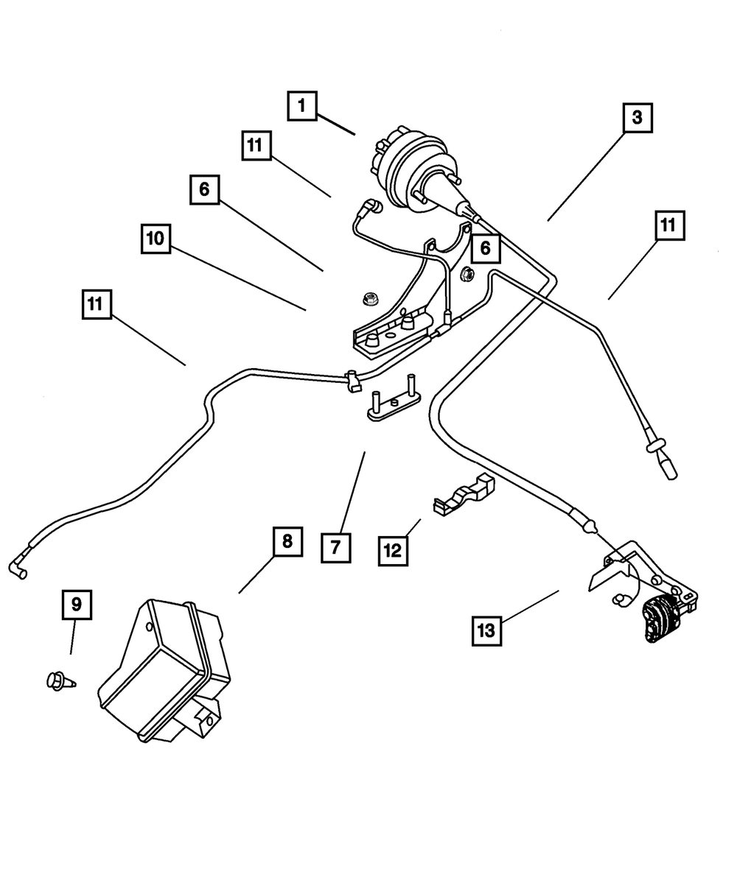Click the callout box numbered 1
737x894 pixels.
[301, 106]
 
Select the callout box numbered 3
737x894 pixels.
[637, 117]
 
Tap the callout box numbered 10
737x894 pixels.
[158, 239]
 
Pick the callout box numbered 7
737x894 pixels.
[335, 546]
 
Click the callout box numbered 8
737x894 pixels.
[287, 542]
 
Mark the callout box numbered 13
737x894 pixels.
[488, 631]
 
